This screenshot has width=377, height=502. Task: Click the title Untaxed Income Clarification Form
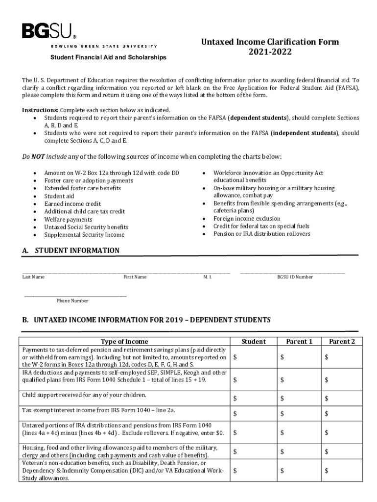(270, 42)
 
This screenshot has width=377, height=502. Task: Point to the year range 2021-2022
(270, 51)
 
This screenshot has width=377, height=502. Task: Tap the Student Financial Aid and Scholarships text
(108, 57)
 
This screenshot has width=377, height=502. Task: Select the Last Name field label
(33, 277)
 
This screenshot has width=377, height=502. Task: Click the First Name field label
(135, 277)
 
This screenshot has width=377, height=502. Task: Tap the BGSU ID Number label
(295, 277)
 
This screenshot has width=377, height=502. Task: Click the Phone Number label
(72, 301)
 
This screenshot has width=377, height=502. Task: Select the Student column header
(254, 341)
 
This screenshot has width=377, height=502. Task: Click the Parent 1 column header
(299, 341)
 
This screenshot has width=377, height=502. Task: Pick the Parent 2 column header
(342, 341)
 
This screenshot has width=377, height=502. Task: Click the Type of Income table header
(124, 341)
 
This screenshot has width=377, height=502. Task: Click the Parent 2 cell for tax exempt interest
(342, 414)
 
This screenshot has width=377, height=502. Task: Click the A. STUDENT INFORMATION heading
(71, 251)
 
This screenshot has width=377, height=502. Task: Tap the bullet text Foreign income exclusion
(247, 219)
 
